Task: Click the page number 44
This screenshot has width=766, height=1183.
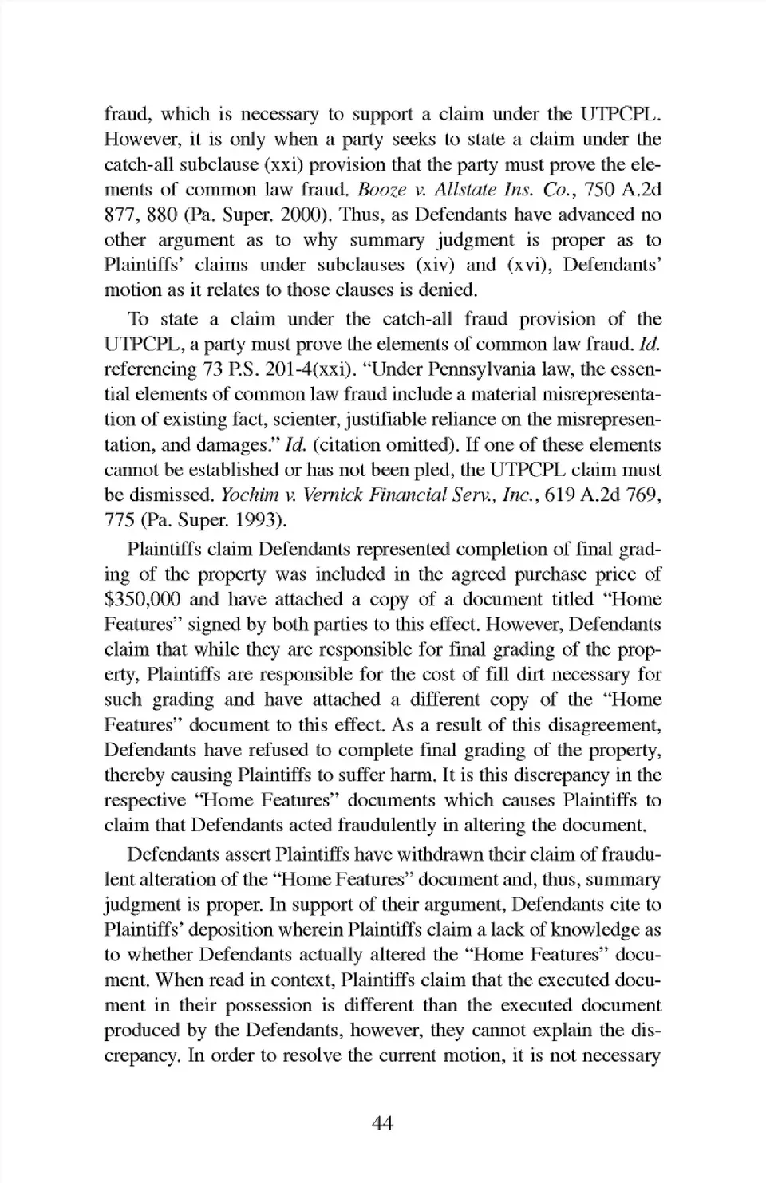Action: point(382,1123)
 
